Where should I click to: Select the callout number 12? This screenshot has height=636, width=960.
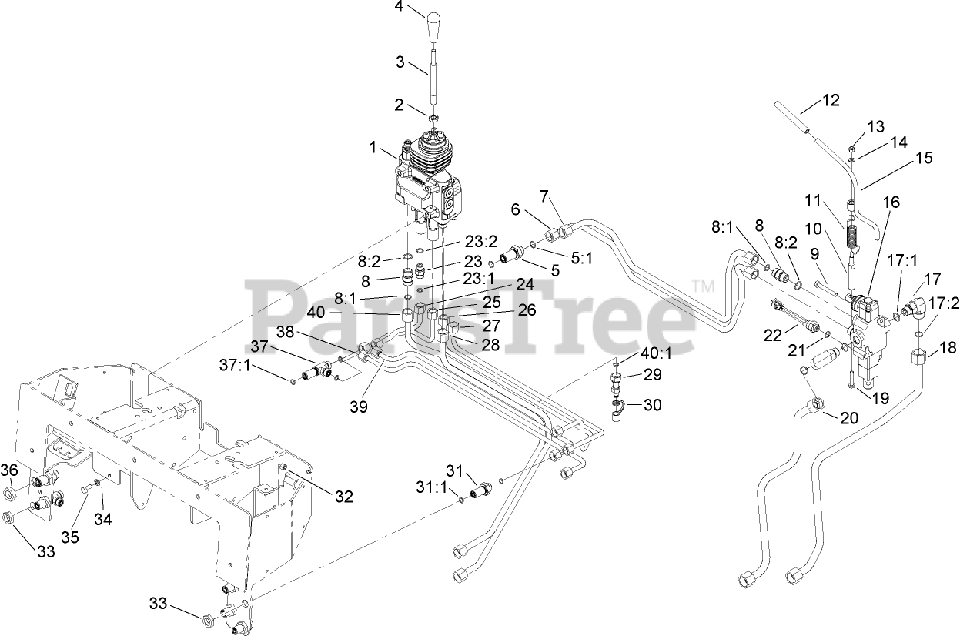pos(831,99)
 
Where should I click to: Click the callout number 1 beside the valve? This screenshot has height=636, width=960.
pos(374,147)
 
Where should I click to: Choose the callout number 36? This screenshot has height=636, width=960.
pos(8,470)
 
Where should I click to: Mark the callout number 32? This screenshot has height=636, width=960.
pos(343,497)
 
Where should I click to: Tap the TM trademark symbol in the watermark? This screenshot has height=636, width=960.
pos(702,287)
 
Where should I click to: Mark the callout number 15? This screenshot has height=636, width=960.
pos(924,158)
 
